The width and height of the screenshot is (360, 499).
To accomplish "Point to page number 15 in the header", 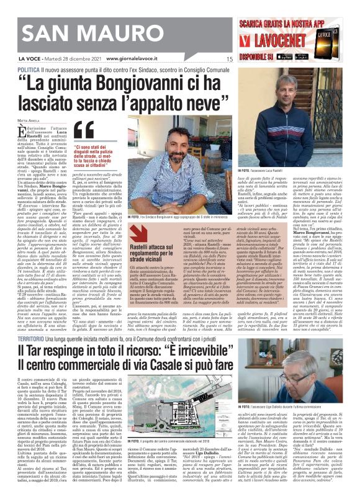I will click(229, 60).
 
